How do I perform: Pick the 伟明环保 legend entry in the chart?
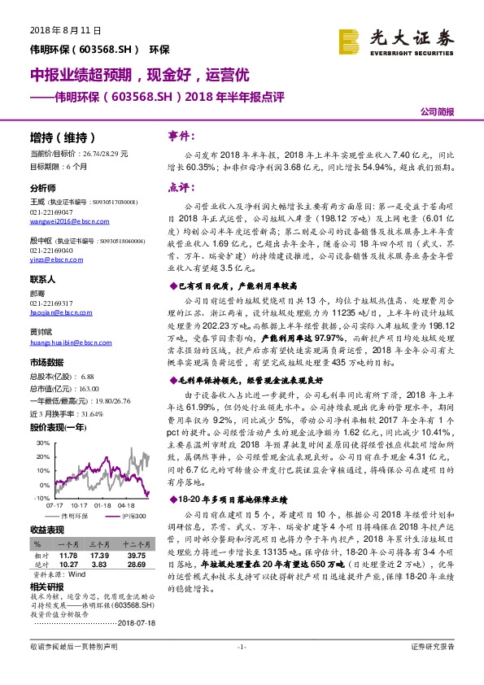click(74, 516)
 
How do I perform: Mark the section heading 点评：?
click(179, 186)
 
